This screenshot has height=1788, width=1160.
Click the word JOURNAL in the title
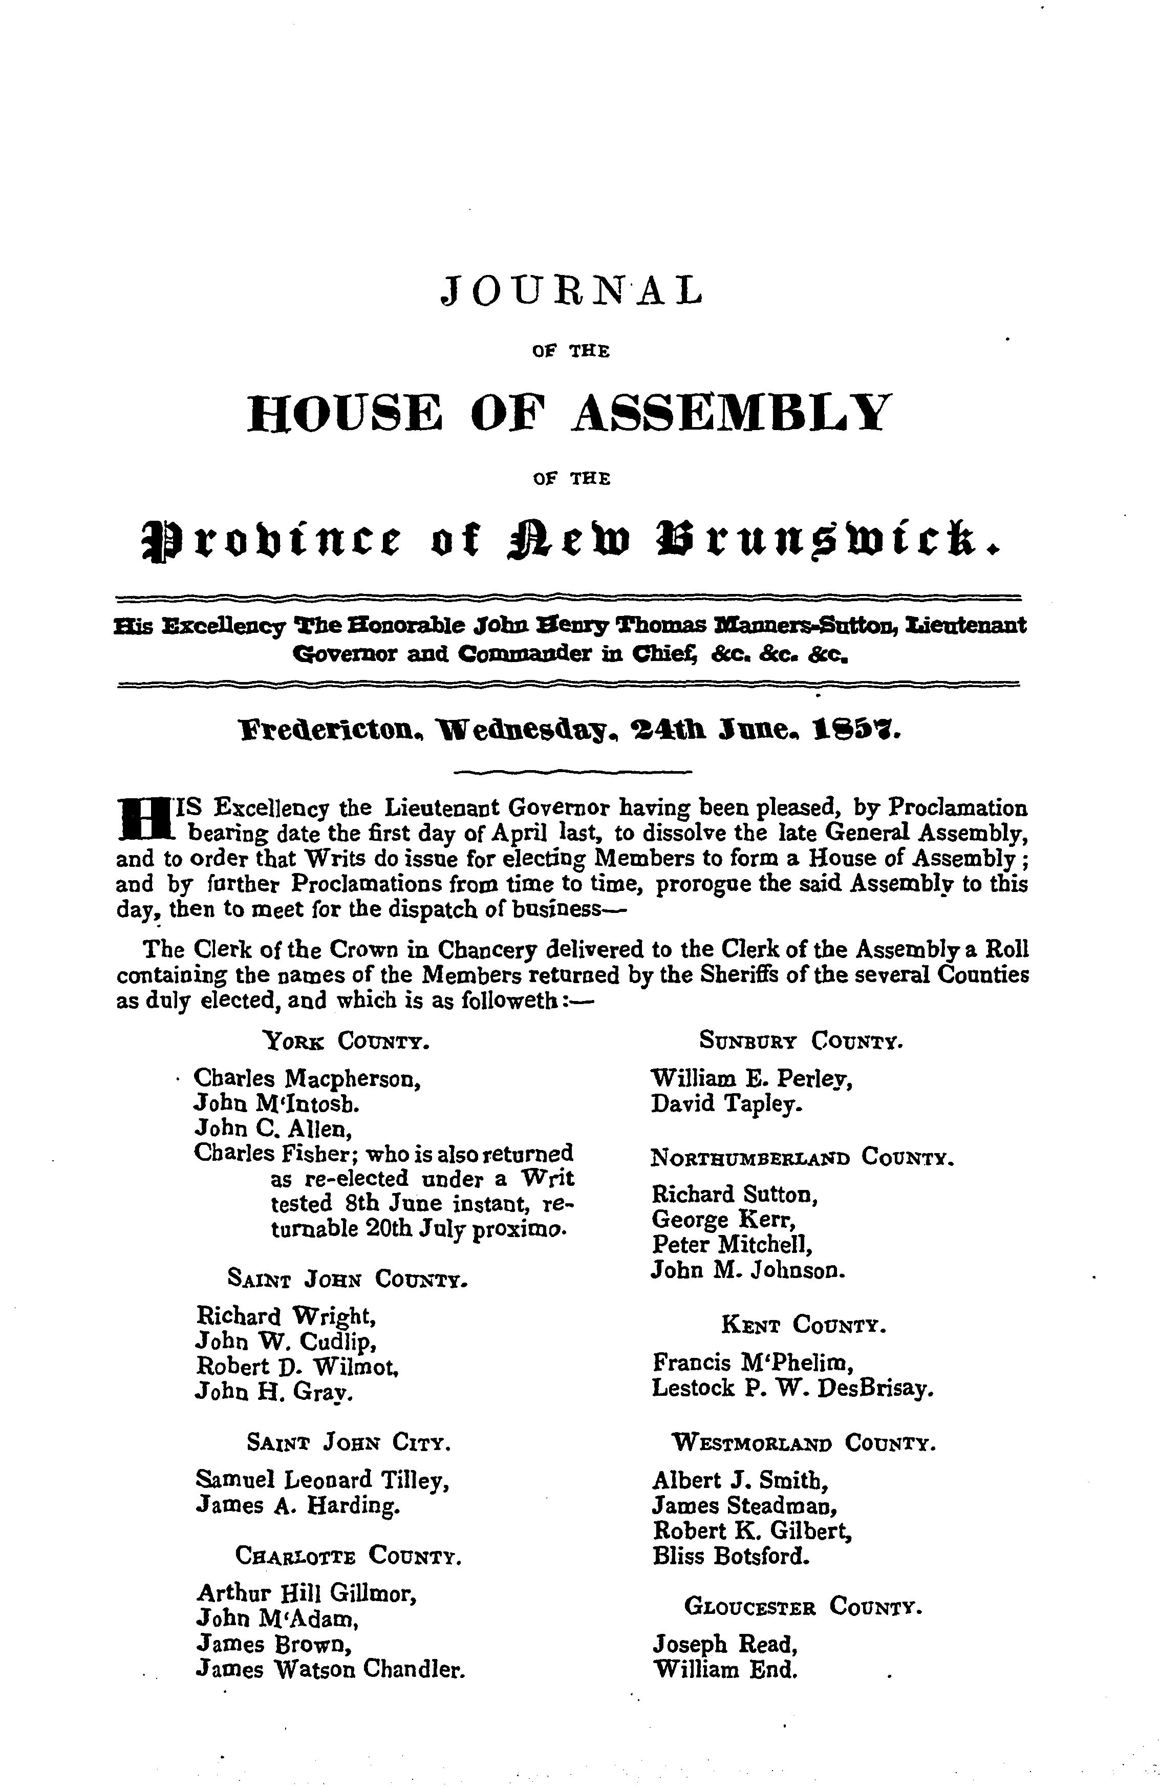click(571, 291)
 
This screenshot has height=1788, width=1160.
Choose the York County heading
click(347, 1041)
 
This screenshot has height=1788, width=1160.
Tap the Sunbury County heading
click(801, 1041)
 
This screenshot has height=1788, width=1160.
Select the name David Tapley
click(726, 1103)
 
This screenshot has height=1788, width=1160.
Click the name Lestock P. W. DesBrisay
click(792, 1388)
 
